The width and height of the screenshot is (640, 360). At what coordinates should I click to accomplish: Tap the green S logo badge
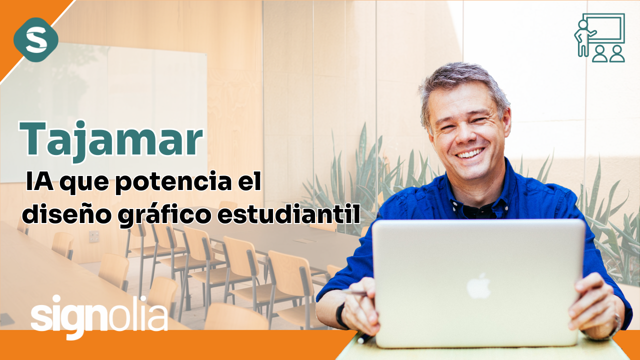pyautogui.click(x=36, y=39)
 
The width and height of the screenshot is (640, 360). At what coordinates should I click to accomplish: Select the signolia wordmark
pyautogui.click(x=99, y=316)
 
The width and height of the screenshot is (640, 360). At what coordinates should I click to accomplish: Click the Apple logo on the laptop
pyautogui.click(x=478, y=286)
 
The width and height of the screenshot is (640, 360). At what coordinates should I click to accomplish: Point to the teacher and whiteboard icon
pyautogui.click(x=599, y=37)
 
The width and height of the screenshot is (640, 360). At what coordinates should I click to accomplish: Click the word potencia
pyautogui.click(x=173, y=181)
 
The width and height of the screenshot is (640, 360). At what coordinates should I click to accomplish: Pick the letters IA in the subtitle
pyautogui.click(x=39, y=181)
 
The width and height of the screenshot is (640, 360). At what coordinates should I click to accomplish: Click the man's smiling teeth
pyautogui.click(x=470, y=153)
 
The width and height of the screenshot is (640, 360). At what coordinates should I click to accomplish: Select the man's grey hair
pyautogui.click(x=462, y=85)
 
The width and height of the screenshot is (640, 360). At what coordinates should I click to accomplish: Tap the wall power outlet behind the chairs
pyautogui.click(x=94, y=236)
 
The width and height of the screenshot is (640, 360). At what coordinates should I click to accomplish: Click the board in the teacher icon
pyautogui.click(x=603, y=28)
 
